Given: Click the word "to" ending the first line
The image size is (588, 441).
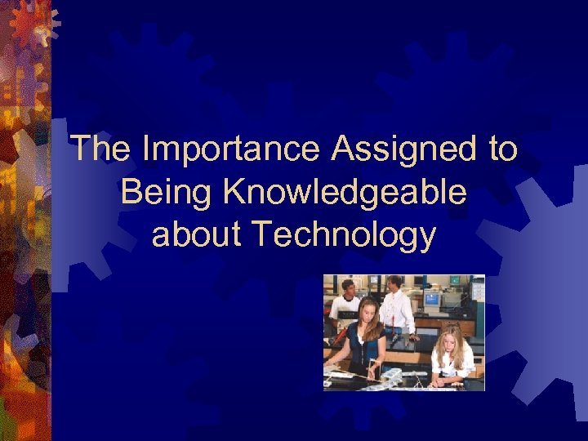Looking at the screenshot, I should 499,150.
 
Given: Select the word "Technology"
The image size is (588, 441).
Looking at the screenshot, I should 343,236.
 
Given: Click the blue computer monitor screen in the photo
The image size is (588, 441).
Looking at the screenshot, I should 431,299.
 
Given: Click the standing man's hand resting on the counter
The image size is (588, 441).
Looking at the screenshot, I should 413,336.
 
